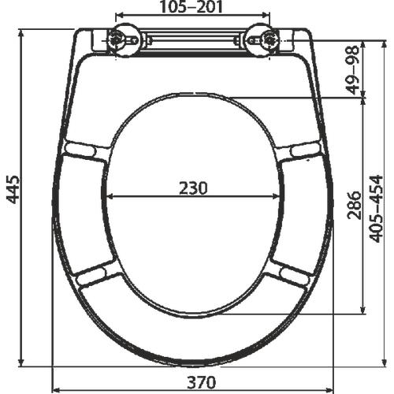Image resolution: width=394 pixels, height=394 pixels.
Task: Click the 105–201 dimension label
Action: click(x=191, y=8)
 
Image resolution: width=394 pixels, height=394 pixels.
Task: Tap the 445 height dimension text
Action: click(x=13, y=189)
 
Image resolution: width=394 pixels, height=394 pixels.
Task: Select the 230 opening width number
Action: click(x=192, y=188)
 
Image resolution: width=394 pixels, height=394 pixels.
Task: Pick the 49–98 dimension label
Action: click(x=354, y=70)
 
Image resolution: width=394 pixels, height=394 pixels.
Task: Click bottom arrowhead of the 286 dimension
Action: click(x=363, y=310)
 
